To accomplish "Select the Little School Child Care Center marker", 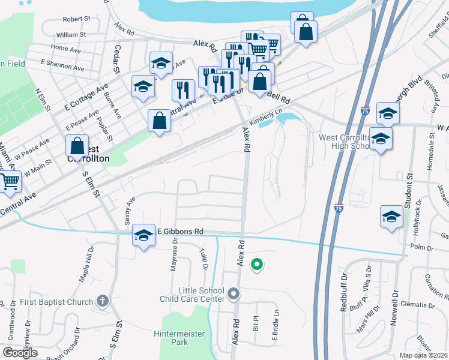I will pyautogui.click(x=234, y=294).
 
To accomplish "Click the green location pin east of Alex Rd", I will pyautogui.click(x=257, y=263).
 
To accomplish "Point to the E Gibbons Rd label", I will pyautogui.click(x=181, y=231).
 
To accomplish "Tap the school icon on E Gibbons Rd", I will pyautogui.click(x=143, y=237).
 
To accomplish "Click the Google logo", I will pyautogui.click(x=20, y=353).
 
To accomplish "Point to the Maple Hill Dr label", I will pyautogui.click(x=87, y=265).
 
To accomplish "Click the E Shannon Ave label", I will pyautogui.click(x=61, y=62).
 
